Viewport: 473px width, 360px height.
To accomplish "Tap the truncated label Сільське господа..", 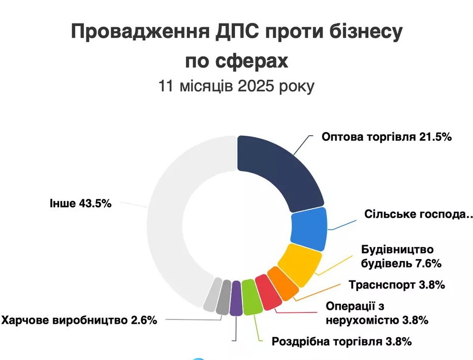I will (x=417, y=215).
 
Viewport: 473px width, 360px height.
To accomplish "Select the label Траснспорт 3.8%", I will (x=396, y=285).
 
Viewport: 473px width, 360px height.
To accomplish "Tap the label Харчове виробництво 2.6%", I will (x=79, y=320).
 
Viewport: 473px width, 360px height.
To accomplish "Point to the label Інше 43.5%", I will (x=80, y=203).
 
